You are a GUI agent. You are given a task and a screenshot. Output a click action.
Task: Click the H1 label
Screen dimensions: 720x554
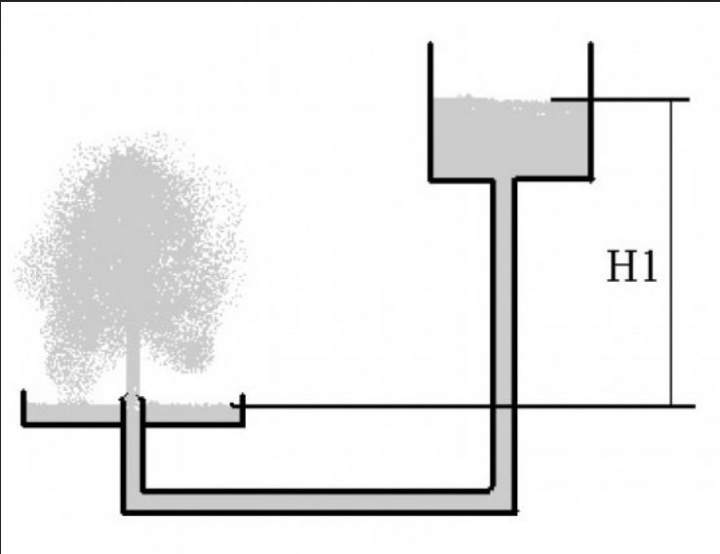[x=632, y=266]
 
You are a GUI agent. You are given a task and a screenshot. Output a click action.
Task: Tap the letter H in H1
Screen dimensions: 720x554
[x=621, y=266]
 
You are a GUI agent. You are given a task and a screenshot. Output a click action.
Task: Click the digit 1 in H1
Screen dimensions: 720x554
[x=650, y=266]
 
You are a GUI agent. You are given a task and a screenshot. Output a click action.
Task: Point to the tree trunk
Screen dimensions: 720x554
[x=133, y=363]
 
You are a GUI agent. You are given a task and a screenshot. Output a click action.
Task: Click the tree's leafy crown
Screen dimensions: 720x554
[x=131, y=257]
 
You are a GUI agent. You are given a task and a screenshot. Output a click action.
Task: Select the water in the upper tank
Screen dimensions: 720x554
[x=510, y=137]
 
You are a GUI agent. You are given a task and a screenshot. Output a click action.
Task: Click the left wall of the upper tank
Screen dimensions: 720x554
[x=430, y=111]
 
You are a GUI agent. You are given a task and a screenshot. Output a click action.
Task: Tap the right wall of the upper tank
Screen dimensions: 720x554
[x=590, y=111]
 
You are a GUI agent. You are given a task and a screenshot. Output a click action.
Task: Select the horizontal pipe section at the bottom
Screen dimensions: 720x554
[x=317, y=502]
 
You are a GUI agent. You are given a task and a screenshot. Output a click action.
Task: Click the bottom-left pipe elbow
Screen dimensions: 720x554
[x=133, y=502]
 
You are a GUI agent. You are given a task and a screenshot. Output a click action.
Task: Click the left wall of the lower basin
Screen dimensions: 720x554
[x=23, y=408]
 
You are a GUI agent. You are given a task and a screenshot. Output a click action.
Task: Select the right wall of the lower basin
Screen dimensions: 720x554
[x=243, y=410]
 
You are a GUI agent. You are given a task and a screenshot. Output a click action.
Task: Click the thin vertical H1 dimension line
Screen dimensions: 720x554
[x=671, y=253]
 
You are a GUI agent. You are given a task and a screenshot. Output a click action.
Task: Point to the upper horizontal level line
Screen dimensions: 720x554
[x=620, y=99]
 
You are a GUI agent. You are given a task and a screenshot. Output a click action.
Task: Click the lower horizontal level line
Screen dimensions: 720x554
[x=462, y=406]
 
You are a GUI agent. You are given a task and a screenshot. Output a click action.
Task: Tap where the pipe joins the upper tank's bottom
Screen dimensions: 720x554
[x=503, y=179]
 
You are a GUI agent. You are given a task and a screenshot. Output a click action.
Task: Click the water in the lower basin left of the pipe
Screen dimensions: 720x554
[x=73, y=413]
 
